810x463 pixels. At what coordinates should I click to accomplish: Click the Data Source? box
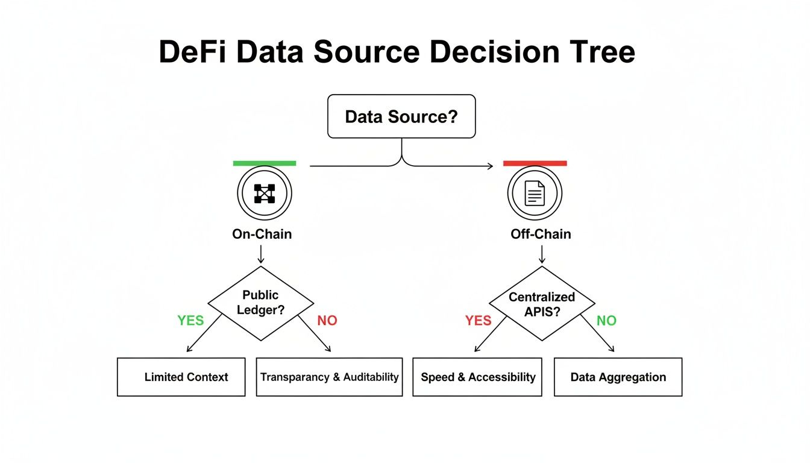(x=401, y=116)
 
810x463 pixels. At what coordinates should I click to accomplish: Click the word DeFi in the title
(x=193, y=52)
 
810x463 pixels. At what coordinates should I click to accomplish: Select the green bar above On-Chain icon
(x=265, y=163)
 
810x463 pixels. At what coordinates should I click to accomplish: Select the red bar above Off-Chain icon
(x=535, y=163)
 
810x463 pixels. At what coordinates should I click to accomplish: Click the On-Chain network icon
(x=265, y=194)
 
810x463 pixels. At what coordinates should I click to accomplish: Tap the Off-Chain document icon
(x=535, y=194)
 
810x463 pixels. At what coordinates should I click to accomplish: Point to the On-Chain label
(x=262, y=234)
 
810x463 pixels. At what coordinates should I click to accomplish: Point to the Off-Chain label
(x=540, y=234)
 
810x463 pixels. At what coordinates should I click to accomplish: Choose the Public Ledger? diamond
(x=261, y=303)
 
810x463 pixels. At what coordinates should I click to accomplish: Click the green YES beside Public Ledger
(x=190, y=321)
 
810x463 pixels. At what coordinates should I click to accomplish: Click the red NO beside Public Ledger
(x=327, y=321)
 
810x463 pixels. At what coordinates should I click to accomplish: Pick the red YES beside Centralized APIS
(x=479, y=321)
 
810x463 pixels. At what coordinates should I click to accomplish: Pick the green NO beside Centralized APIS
(x=606, y=321)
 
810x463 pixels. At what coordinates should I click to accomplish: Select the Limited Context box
(x=181, y=377)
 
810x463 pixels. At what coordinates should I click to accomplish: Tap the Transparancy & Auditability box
(x=329, y=377)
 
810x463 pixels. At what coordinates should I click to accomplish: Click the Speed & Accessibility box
(x=477, y=377)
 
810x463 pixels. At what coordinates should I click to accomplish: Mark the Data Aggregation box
(x=618, y=377)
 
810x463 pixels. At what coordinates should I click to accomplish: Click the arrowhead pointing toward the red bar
(x=490, y=166)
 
